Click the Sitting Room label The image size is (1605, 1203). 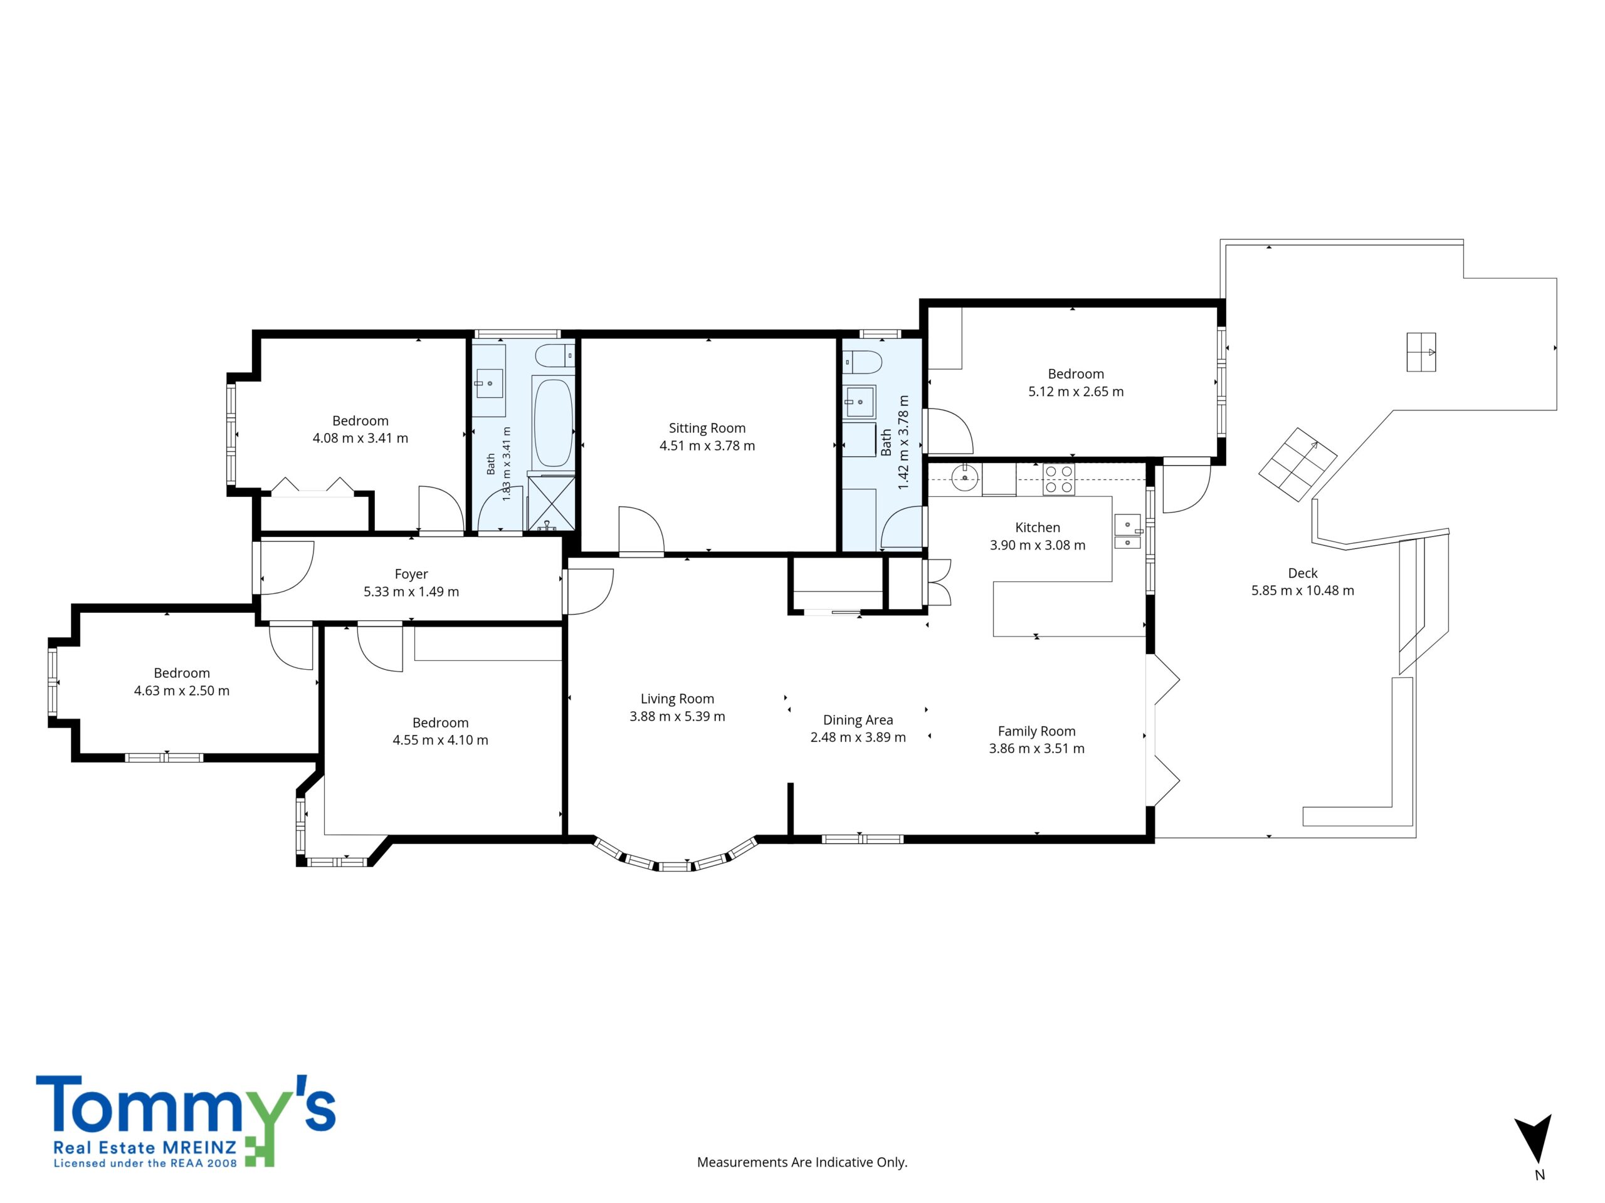[x=707, y=428]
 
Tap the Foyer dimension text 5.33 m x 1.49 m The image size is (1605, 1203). [x=411, y=591]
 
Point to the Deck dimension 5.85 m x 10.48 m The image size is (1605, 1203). [x=1302, y=590]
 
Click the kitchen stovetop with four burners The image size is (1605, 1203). [x=1059, y=479]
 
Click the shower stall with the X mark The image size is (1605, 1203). [x=552, y=502]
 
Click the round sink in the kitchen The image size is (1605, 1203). [x=964, y=478]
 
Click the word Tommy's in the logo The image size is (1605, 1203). [x=186, y=1103]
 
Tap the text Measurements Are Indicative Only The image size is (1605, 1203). [x=802, y=1162]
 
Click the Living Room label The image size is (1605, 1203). [x=677, y=699]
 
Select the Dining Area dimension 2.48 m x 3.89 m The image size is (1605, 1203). [x=858, y=737]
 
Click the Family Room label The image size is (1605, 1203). [x=1036, y=732]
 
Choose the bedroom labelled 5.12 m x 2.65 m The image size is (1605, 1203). [x=1075, y=383]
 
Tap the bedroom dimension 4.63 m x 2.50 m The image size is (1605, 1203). [x=181, y=691]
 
